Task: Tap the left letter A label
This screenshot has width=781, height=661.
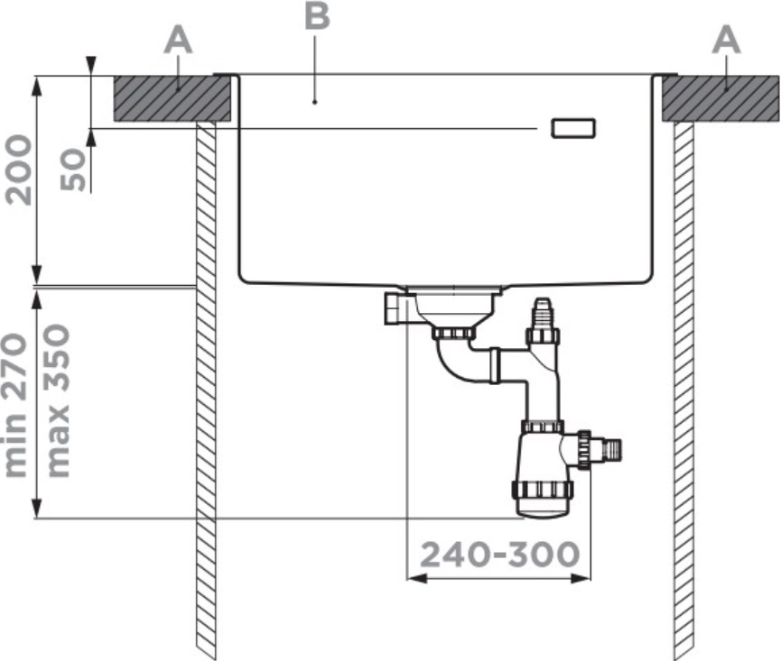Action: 178,41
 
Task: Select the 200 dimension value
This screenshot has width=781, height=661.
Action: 18,170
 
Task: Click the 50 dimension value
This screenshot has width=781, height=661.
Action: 73,170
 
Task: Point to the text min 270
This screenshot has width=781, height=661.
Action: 15,406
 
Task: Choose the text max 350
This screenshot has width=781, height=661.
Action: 57,401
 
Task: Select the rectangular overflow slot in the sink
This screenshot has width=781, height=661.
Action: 572,128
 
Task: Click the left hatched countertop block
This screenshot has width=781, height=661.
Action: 172,98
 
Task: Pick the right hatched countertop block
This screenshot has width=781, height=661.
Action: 721,98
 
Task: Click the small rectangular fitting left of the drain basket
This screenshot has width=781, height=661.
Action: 396,308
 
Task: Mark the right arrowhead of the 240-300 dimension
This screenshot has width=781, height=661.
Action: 581,578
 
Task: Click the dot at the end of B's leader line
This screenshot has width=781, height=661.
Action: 315,102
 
